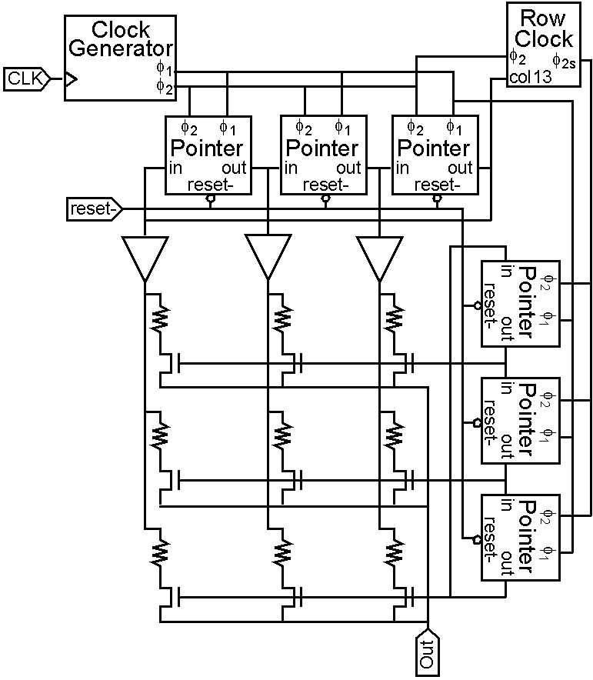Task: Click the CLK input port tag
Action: [x=27, y=79]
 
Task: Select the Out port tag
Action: [x=428, y=652]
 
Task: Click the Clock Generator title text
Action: [x=121, y=39]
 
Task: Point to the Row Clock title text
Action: [x=544, y=28]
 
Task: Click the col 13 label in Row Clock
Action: [x=531, y=77]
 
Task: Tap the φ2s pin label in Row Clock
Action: [x=564, y=62]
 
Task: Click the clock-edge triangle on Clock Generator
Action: [x=71, y=79]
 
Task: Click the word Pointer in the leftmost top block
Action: [x=206, y=148]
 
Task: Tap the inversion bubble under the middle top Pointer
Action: [x=325, y=199]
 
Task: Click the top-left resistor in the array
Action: [x=159, y=318]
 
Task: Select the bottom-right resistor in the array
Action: [x=394, y=552]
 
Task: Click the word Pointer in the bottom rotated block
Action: [x=525, y=536]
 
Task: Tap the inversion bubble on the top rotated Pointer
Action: [x=478, y=305]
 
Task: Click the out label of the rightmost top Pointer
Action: [x=460, y=168]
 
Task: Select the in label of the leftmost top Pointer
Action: [x=175, y=168]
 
